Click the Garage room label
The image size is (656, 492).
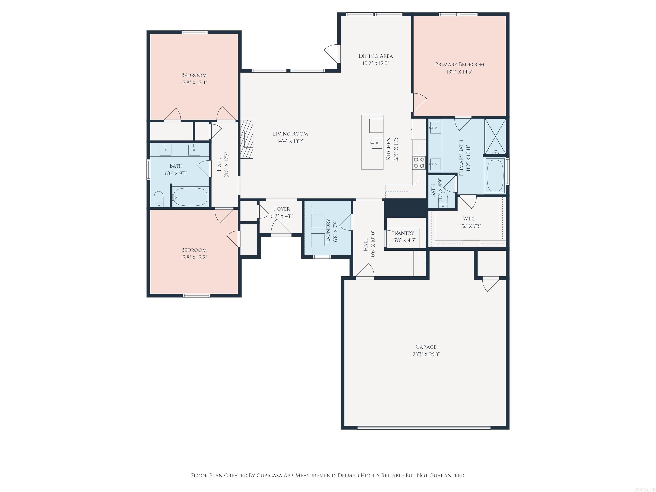[x=426, y=347]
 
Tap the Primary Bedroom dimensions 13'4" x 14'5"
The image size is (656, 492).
[x=459, y=72]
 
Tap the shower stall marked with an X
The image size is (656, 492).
[x=495, y=136]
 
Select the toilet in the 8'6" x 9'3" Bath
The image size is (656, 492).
[x=159, y=199]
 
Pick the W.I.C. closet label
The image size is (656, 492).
[x=469, y=219]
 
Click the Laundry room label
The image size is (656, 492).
[x=328, y=231]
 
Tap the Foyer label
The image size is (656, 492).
[x=282, y=209]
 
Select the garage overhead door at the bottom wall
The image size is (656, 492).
[x=424, y=427]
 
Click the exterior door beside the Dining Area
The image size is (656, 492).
[x=332, y=53]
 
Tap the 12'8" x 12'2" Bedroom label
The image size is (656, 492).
[x=194, y=250]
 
